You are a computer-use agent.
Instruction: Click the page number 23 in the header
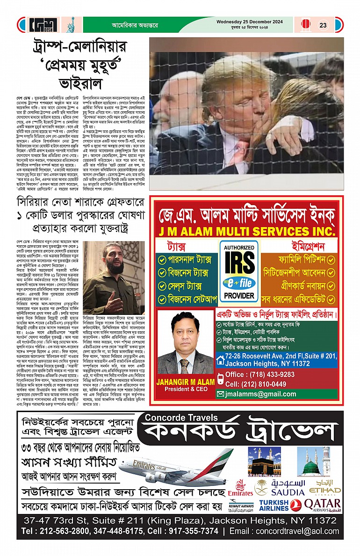pyautogui.click(x=323, y=25)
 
